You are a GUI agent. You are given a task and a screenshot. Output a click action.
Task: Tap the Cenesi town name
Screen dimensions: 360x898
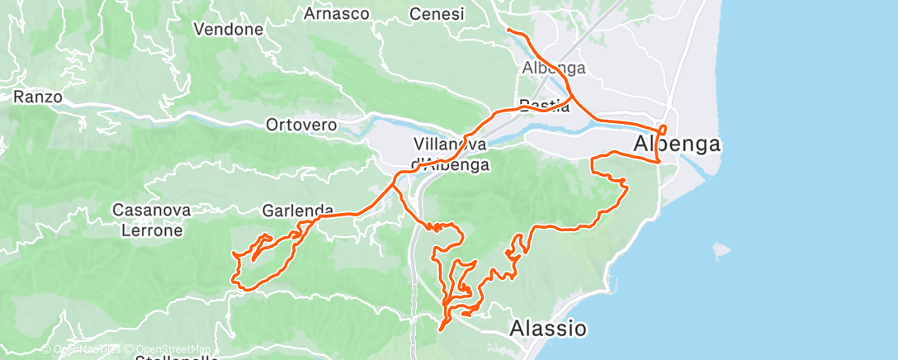[x=437, y=14]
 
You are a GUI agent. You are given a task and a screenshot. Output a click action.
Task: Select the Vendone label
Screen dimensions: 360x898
[x=228, y=30]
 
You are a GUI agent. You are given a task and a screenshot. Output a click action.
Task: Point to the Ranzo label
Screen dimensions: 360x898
[x=38, y=97]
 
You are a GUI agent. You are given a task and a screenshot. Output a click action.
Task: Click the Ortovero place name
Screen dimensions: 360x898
[x=301, y=126]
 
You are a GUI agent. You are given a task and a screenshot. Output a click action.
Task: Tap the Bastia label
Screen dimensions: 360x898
[x=544, y=105]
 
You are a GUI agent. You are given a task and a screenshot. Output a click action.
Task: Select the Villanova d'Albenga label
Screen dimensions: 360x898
[x=451, y=154]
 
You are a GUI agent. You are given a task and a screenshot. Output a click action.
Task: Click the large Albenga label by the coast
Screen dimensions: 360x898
[x=677, y=144]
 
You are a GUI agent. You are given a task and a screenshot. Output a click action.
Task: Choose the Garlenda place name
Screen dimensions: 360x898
[x=298, y=210]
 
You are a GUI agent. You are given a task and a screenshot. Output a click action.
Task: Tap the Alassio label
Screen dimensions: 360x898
[x=548, y=328]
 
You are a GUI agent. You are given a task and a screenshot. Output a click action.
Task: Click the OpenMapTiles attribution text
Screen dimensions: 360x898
[x=86, y=348]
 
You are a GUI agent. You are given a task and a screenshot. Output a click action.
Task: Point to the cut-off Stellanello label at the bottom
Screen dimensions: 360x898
[x=178, y=357]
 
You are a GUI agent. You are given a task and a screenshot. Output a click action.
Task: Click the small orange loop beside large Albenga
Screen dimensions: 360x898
[x=663, y=129]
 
